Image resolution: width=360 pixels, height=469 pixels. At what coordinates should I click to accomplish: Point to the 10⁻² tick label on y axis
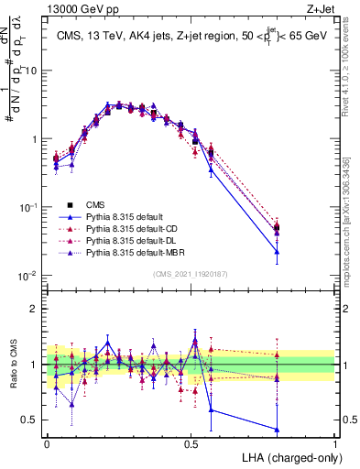click(30, 276)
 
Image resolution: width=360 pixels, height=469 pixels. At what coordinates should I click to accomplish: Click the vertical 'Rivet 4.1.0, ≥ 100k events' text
click(350, 73)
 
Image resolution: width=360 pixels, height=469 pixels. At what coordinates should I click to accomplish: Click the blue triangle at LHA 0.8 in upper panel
click(277, 251)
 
